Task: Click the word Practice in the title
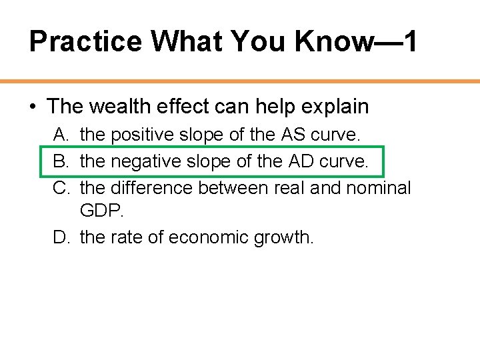pyautogui.click(x=85, y=41)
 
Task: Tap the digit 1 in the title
pyautogui.click(x=410, y=41)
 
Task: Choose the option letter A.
pyautogui.click(x=61, y=135)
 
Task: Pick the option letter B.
pyautogui.click(x=61, y=161)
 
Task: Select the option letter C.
pyautogui.click(x=61, y=188)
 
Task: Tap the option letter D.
pyautogui.click(x=61, y=237)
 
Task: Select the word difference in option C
pyautogui.click(x=152, y=188)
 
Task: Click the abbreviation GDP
pyautogui.click(x=99, y=211)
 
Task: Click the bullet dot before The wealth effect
pyautogui.click(x=33, y=107)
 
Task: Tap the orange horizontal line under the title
pyautogui.click(x=240, y=81)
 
